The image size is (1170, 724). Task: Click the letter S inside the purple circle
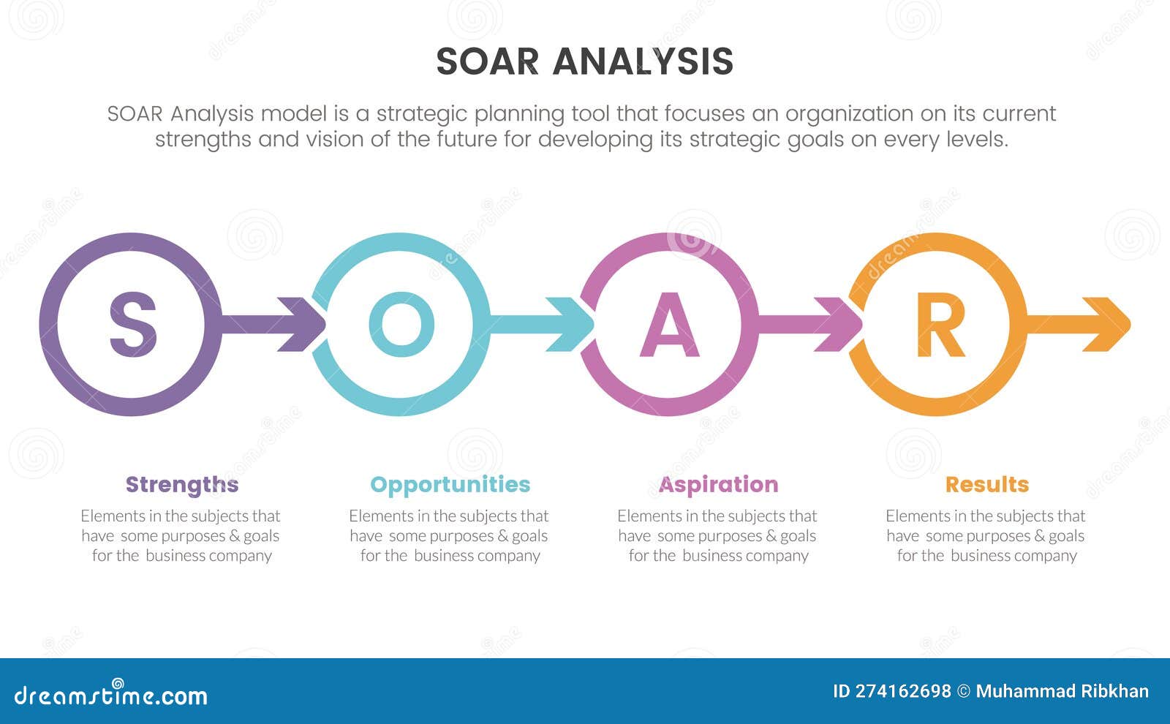point(132,325)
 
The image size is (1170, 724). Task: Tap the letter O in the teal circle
point(401,325)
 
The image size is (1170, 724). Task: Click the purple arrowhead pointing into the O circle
point(306,324)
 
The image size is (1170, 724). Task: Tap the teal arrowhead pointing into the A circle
point(574,324)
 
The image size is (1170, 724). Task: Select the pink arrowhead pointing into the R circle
point(842,324)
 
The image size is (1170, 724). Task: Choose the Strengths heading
point(181,484)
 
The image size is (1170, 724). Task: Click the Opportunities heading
point(450,484)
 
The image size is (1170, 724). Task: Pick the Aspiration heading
point(718,484)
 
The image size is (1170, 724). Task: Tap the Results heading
point(986,484)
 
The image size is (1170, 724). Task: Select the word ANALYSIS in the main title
point(643,61)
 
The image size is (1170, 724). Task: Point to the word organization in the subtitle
point(849,114)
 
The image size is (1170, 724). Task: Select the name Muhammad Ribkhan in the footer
point(1062,691)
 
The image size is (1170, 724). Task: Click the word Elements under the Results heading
point(918,516)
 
